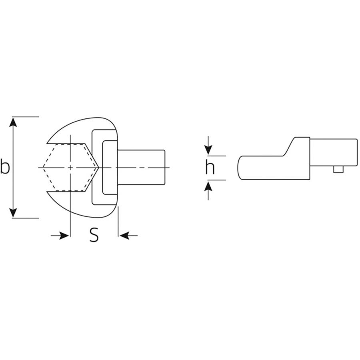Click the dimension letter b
(5, 167)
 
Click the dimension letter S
(94, 235)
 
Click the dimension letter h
(210, 168)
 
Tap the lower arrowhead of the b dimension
(14, 213)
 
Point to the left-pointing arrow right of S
(126, 236)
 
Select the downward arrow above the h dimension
(208, 150)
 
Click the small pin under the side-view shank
(338, 170)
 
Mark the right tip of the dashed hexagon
(98, 167)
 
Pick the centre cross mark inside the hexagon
(70, 167)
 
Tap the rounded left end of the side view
(239, 167)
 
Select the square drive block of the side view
(333, 152)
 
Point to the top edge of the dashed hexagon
(70, 144)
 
